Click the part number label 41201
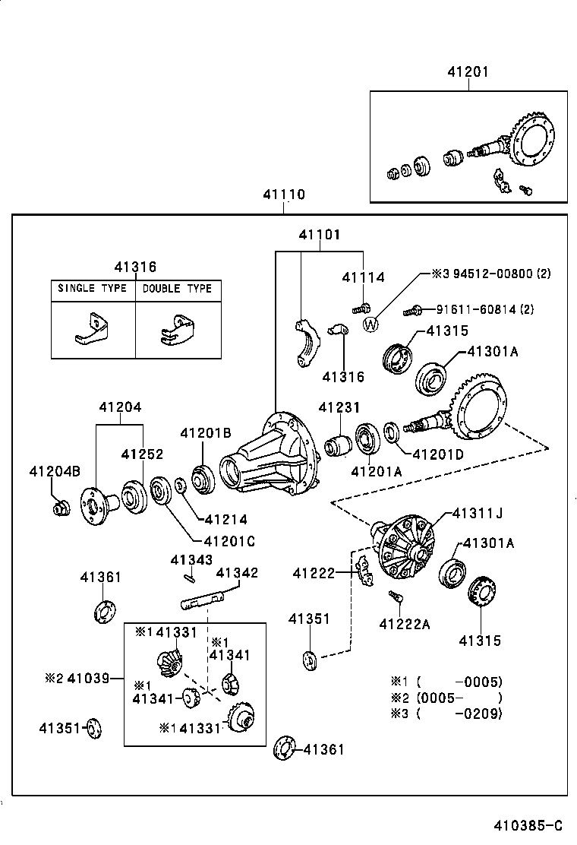click(468, 72)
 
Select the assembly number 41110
click(284, 195)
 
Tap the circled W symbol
click(370, 324)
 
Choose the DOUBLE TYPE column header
click(178, 289)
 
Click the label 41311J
click(478, 513)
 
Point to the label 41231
click(339, 408)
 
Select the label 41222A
click(405, 624)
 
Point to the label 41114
click(363, 278)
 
